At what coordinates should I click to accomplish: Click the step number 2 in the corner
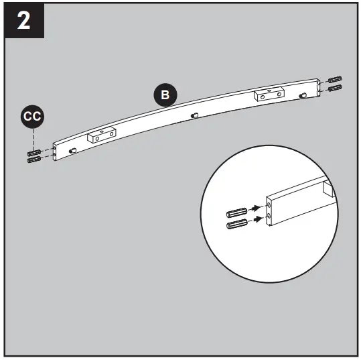click(24, 21)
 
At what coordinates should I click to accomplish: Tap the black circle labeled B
click(163, 95)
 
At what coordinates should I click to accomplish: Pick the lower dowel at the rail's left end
click(35, 160)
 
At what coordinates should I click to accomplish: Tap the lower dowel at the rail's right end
click(335, 88)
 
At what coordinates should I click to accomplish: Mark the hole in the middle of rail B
click(194, 115)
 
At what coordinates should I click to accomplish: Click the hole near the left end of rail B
click(73, 149)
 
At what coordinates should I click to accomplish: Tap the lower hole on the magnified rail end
click(269, 217)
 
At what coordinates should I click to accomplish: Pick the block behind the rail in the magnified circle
click(328, 190)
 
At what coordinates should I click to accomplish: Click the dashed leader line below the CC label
click(32, 137)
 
